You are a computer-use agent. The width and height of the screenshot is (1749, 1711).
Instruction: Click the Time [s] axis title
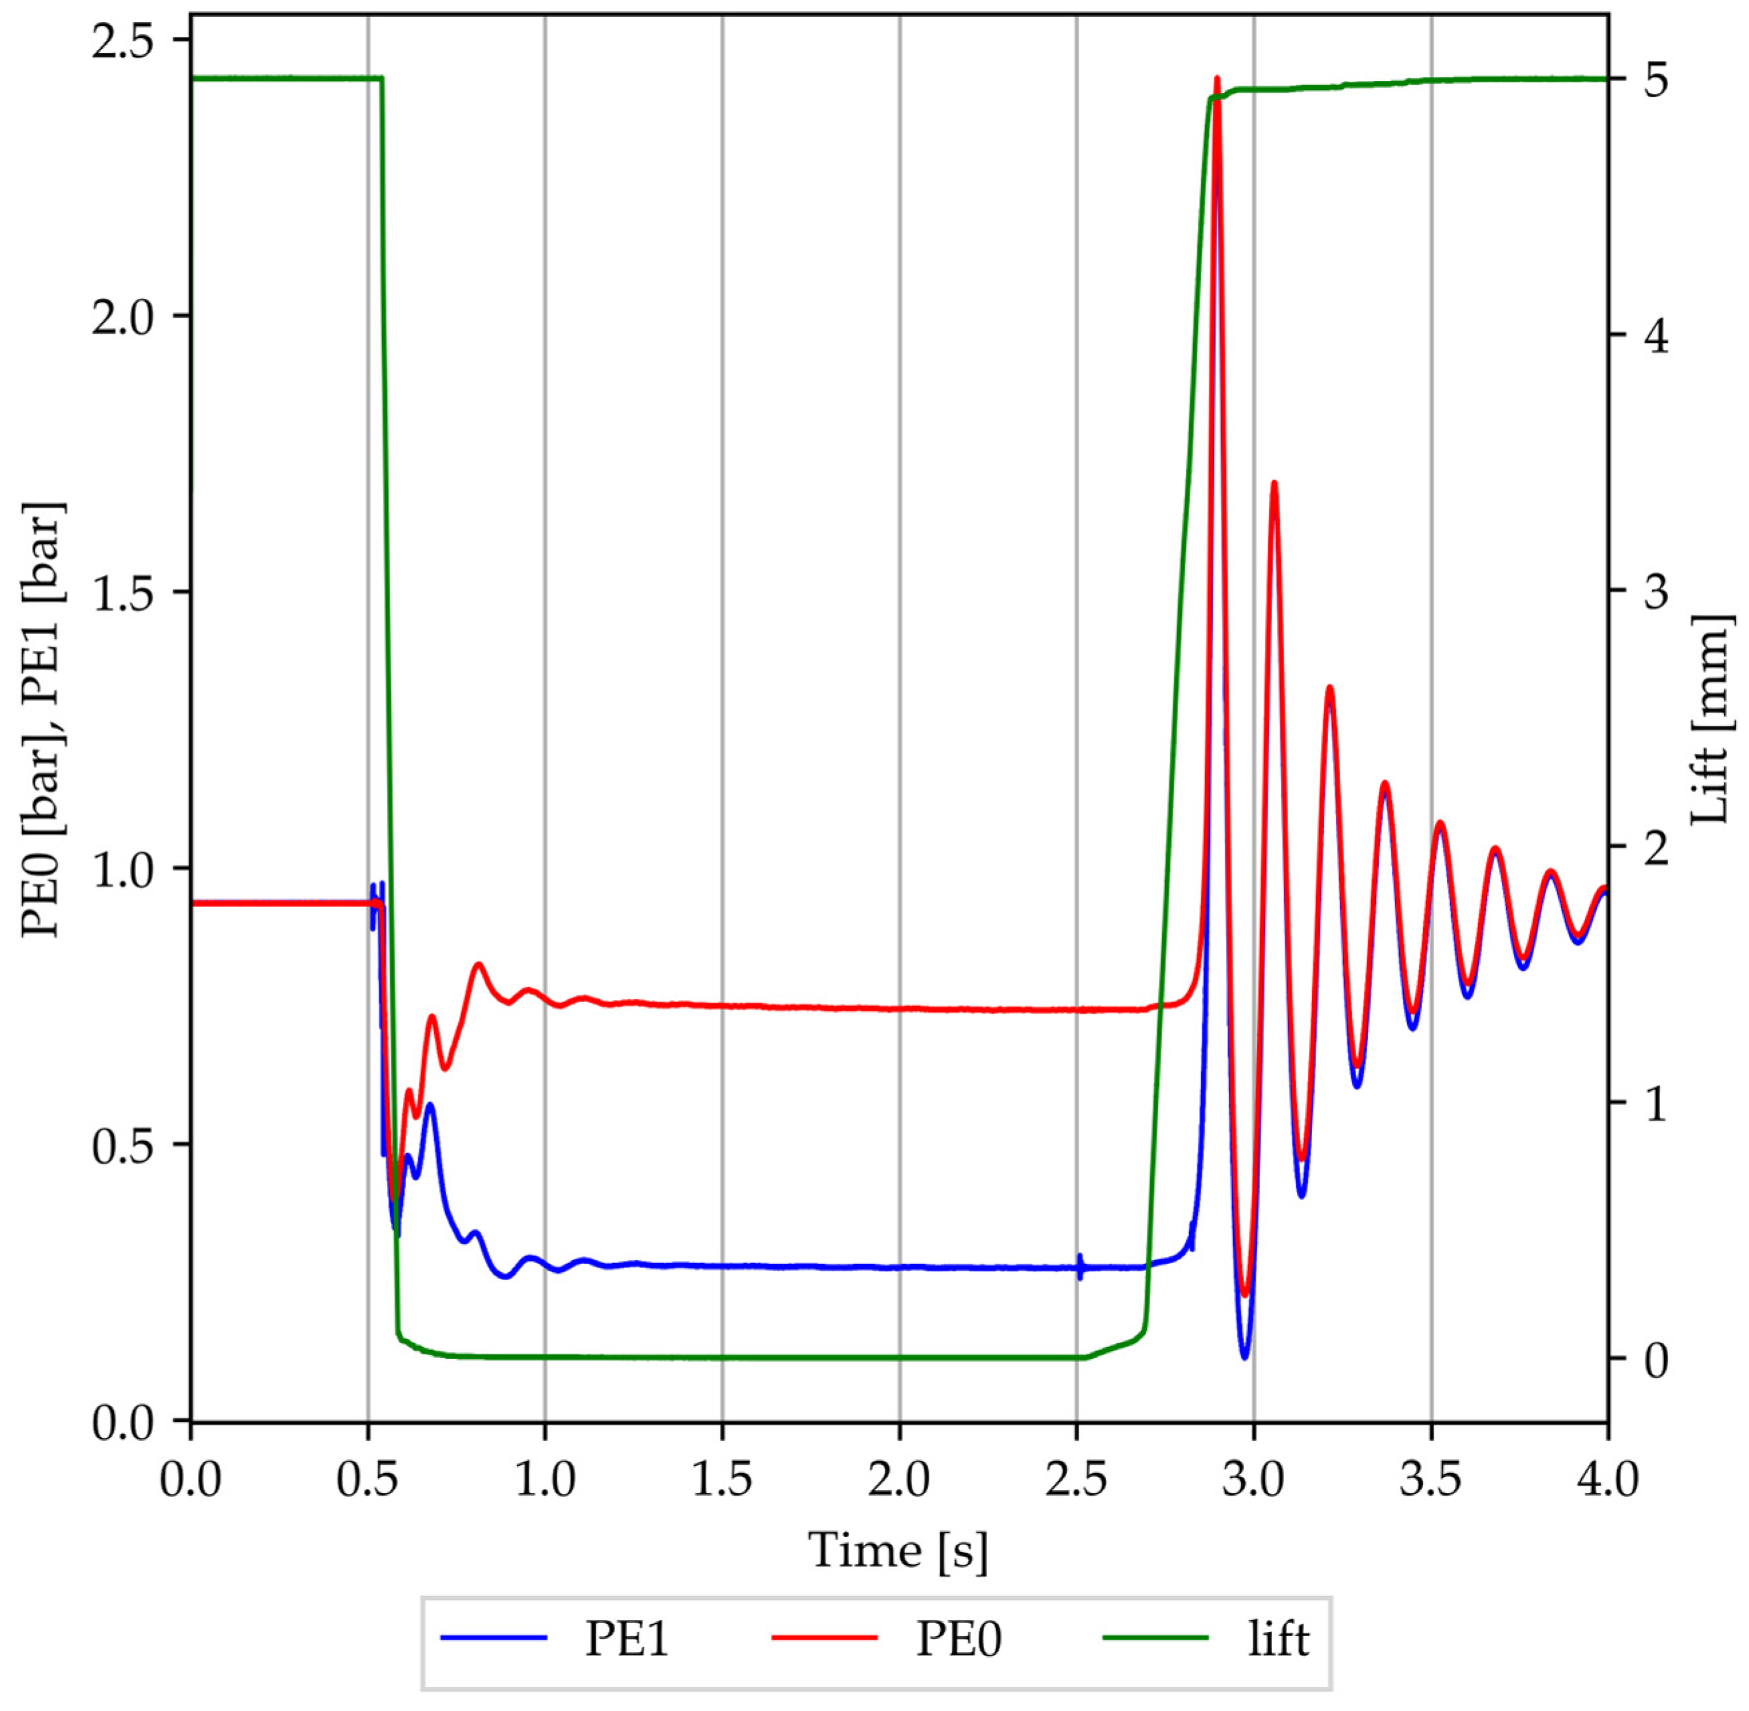click(x=898, y=1550)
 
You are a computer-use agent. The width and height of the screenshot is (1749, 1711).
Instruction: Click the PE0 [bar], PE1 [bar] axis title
click(x=43, y=720)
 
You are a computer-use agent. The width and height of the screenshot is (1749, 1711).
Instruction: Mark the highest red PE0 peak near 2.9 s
click(x=1217, y=81)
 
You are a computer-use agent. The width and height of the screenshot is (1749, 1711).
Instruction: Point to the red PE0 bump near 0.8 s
click(x=478, y=965)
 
